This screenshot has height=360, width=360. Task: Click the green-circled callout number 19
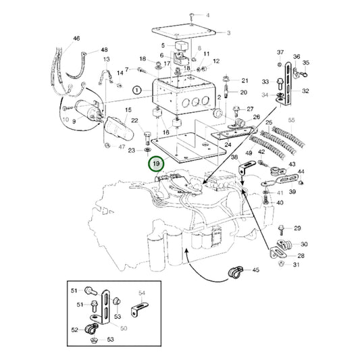pyautogui.click(x=157, y=164)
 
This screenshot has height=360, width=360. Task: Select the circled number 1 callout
pyautogui.click(x=137, y=89)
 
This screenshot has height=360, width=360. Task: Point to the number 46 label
pyautogui.click(x=76, y=39)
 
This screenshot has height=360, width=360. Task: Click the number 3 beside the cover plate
pyautogui.click(x=228, y=32)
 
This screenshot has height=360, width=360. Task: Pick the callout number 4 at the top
pyautogui.click(x=207, y=15)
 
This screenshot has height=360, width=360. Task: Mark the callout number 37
pyautogui.click(x=280, y=52)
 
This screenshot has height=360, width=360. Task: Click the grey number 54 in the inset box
pyautogui.click(x=142, y=293)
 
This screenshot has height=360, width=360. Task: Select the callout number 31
pyautogui.click(x=296, y=264)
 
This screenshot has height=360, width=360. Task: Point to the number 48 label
pyautogui.click(x=103, y=50)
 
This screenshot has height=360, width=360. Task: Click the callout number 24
pyautogui.click(x=228, y=145)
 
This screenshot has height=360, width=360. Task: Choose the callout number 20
pyautogui.click(x=243, y=92)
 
